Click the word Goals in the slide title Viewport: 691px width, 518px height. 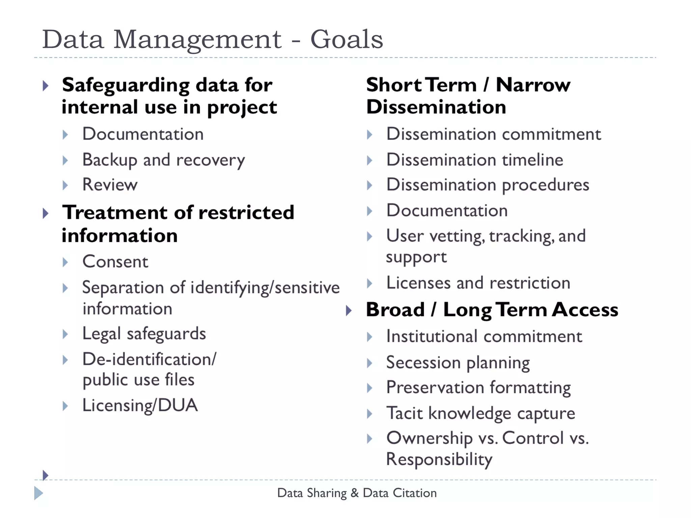tap(347, 40)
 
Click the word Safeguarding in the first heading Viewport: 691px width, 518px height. tap(126, 85)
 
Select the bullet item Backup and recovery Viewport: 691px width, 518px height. tap(164, 160)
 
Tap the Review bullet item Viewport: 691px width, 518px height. tap(110, 185)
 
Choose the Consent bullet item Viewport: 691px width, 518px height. tap(115, 262)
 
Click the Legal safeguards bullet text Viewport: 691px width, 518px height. tap(144, 334)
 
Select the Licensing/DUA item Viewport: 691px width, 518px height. tap(140, 405)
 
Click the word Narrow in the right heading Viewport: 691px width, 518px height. tap(533, 85)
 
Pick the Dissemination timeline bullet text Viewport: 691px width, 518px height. tap(475, 160)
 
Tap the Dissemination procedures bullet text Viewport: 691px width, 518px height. tap(488, 185)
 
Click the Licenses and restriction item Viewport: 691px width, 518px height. tap(478, 283)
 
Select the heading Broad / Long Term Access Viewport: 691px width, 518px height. tap(492, 310)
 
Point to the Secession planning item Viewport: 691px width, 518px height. tap(458, 363)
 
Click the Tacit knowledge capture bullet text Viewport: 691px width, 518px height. tap(480, 413)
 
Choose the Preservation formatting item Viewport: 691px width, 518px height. tap(478, 388)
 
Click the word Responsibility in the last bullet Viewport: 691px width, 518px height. tap(439, 460)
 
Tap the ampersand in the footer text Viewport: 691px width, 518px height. tap(355, 493)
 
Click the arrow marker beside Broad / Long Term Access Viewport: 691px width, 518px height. tap(349, 311)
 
